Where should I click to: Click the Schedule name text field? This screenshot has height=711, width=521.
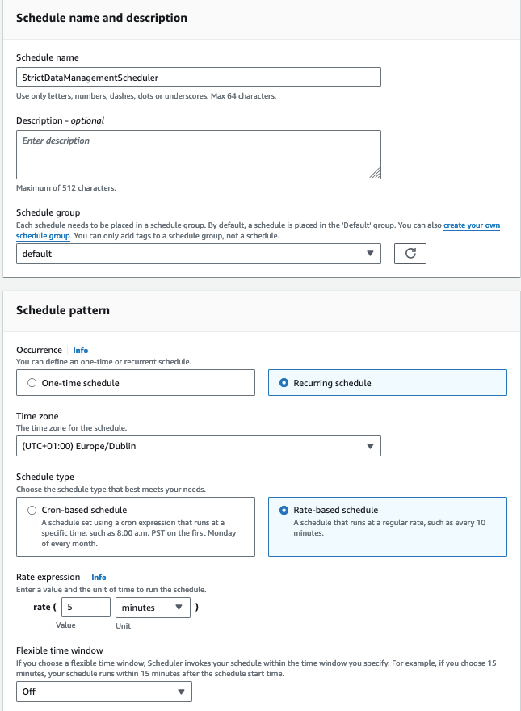point(198,77)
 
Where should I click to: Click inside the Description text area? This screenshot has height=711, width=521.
point(198,154)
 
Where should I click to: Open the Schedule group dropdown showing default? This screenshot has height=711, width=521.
point(198,254)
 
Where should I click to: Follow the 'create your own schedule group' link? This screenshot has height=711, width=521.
point(472,225)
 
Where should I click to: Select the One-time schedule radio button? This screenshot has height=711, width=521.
point(32,383)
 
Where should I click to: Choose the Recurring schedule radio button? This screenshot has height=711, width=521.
point(284,383)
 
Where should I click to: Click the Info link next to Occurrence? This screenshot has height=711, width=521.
point(81,350)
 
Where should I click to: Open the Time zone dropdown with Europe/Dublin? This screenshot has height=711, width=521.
point(198,446)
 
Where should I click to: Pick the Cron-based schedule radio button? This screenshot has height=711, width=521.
point(32,510)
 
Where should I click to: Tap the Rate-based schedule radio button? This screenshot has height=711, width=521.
point(284,510)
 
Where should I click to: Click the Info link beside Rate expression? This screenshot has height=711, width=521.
point(99,578)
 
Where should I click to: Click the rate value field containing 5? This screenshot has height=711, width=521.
point(84,608)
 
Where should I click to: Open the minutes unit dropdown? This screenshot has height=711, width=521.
point(153,608)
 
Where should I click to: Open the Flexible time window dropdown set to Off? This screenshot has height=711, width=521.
point(104,692)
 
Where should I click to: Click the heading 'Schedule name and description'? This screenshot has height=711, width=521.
point(102,18)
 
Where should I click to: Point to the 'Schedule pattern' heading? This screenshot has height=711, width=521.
point(63,310)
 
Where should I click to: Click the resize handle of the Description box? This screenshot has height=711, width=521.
point(375,173)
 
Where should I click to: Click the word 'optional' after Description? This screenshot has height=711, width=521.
point(86,120)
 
